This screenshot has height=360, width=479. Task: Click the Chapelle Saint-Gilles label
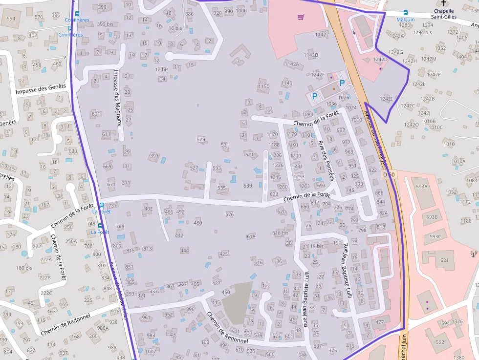pyautogui.click(x=444, y=14)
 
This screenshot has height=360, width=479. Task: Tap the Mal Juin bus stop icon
pyautogui.click(x=406, y=13)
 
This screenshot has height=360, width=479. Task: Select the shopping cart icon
pyautogui.click(x=301, y=17)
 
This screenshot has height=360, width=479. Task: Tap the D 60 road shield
pyautogui.click(x=389, y=174)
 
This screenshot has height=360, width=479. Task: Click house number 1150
pyautogui.click(x=263, y=86)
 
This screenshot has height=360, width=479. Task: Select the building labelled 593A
pyautogui.click(x=421, y=187)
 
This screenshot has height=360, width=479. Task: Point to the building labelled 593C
pyautogui.click(x=435, y=237)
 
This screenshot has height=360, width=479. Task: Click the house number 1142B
pyautogui.click(x=311, y=55)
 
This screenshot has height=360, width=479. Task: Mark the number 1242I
pyautogui.click(x=386, y=99)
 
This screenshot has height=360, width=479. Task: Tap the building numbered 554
pyautogui.click(x=11, y=19)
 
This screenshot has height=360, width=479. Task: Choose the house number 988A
pyautogui.click(x=103, y=328)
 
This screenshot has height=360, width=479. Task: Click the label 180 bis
pyautogui.click(x=24, y=268)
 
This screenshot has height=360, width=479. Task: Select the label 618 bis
pyautogui.click(x=281, y=233)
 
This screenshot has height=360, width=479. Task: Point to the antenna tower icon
pyautogui.click(x=473, y=254)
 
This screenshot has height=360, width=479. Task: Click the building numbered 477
pyautogui.click(x=380, y=322)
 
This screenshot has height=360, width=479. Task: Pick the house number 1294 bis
pyautogui.click(x=422, y=32)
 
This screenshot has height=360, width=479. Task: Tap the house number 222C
pyautogui.click(x=46, y=293)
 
